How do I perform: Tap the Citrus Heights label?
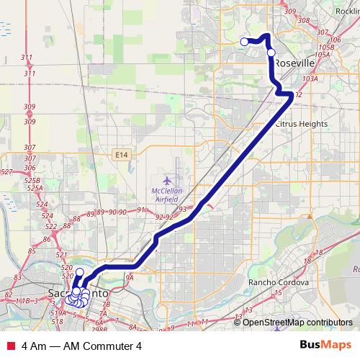[x=302, y=124]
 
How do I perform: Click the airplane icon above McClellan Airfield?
[x=168, y=179]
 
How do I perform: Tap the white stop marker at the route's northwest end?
[x=244, y=42]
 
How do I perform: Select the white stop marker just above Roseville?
[x=271, y=52]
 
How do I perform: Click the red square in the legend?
[x=10, y=345]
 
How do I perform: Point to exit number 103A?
[x=310, y=78]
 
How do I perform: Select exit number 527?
[x=6, y=171]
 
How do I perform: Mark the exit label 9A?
[x=130, y=276]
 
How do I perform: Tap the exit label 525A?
[x=32, y=189]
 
